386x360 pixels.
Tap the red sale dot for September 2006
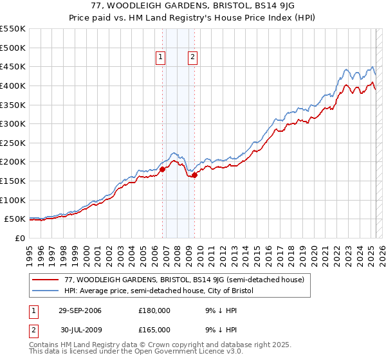[x=162, y=169]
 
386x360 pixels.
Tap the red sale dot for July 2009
[x=194, y=175]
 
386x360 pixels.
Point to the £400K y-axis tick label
[x=12, y=85]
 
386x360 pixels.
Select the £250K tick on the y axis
[x=12, y=143]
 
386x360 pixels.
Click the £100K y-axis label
[x=12, y=200]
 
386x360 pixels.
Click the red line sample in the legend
[x=45, y=280]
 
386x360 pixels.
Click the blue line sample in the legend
[x=45, y=291]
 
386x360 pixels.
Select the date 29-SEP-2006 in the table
[x=80, y=310]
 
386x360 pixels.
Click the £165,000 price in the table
[x=154, y=329]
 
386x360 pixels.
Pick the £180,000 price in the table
[x=154, y=310]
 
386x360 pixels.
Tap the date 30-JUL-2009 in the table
[x=80, y=329]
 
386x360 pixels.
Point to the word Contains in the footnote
[x=44, y=345]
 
